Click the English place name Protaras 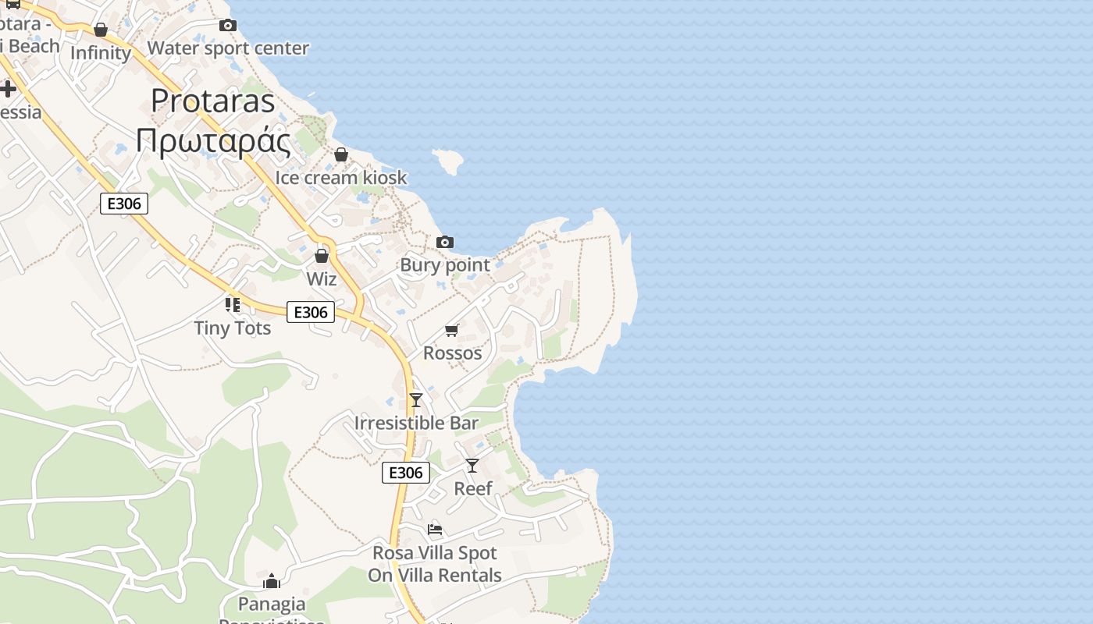[212, 101]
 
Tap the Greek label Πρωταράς [212, 141]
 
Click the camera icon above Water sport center [228, 26]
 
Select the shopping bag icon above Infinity [101, 30]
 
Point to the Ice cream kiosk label [340, 178]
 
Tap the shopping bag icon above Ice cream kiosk [341, 155]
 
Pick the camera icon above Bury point [445, 243]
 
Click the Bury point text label [445, 265]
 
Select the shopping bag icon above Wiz [321, 256]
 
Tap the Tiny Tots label [233, 328]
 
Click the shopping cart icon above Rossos [452, 331]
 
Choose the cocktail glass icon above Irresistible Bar [416, 400]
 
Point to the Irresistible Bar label [416, 423]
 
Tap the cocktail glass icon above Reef [472, 466]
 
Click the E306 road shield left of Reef [406, 472]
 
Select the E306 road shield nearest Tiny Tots [311, 312]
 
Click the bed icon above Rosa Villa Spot [435, 530]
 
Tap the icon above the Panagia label [272, 581]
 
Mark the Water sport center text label [228, 48]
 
